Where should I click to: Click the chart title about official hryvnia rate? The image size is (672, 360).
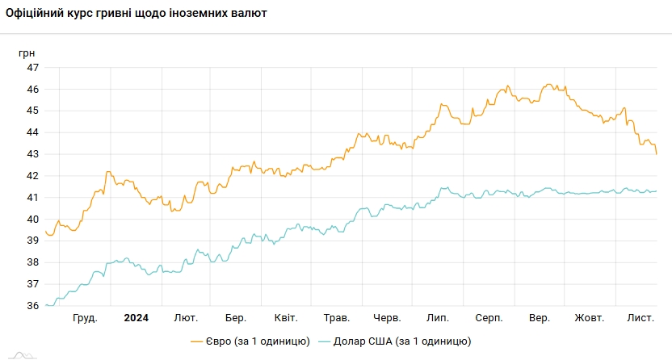136,14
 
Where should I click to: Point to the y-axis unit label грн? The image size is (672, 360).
27,52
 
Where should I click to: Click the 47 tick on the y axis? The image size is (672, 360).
33,67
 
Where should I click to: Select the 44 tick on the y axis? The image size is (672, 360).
33,132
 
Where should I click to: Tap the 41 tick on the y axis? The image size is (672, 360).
33,198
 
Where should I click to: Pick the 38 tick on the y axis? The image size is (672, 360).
33,262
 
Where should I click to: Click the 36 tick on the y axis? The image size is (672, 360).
33,306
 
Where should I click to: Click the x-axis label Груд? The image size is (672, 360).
85,318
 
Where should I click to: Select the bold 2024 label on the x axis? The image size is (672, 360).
136,318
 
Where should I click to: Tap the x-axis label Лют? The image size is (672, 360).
186,318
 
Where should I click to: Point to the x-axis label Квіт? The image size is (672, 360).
286,318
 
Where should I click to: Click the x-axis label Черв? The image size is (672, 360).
387,318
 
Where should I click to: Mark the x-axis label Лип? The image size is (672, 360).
437,318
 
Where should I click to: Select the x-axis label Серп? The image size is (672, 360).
489,318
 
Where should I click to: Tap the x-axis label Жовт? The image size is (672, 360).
590,318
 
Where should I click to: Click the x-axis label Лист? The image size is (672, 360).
640,318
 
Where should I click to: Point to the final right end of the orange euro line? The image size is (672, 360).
657,153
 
